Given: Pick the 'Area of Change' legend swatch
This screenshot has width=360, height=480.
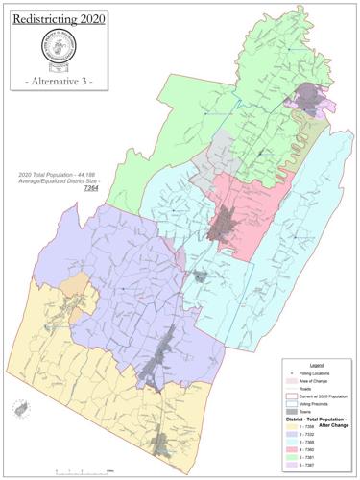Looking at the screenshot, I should point(294,380).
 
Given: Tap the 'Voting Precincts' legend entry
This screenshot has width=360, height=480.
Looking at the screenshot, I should point(316,405).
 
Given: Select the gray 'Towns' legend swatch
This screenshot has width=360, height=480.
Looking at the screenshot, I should point(294,414).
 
